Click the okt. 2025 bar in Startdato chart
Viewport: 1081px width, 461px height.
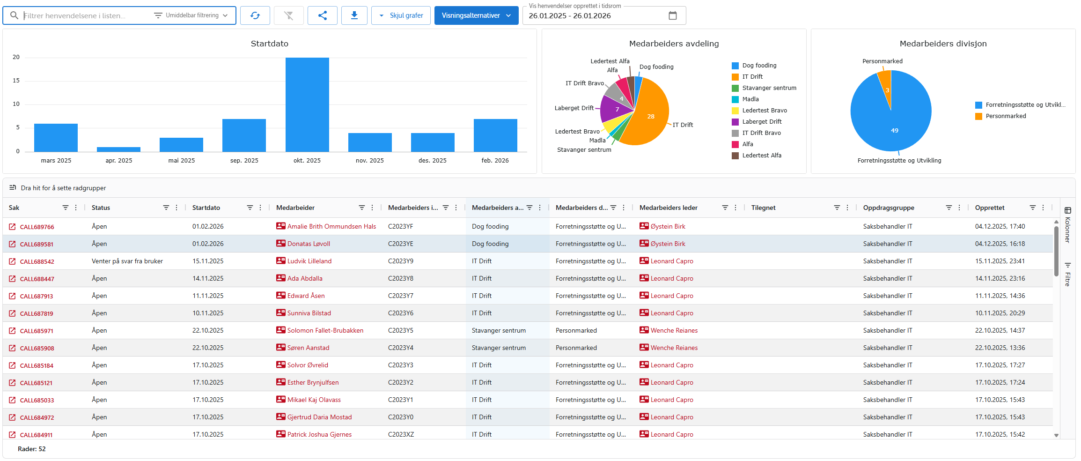point(307,104)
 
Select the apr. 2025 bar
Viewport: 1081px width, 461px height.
point(118,149)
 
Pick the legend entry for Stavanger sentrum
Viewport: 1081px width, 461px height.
point(768,88)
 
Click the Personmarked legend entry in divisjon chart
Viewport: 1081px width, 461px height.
point(1005,116)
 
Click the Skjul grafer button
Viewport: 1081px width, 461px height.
point(401,15)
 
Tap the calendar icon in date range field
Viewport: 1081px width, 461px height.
point(672,15)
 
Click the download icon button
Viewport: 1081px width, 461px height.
point(354,15)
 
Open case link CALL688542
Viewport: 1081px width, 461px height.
point(37,262)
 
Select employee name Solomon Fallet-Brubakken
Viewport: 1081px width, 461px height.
point(325,331)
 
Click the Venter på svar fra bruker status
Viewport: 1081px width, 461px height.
point(127,261)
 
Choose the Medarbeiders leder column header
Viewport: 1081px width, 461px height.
point(668,208)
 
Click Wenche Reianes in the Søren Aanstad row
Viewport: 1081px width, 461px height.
point(674,348)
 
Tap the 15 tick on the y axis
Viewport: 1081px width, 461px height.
point(16,81)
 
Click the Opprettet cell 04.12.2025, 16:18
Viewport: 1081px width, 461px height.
point(1000,244)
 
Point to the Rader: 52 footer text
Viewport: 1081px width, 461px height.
point(32,449)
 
